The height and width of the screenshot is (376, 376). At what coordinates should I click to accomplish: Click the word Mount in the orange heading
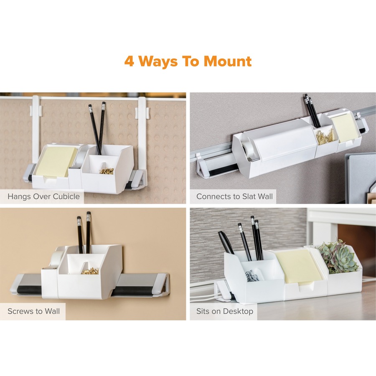pyautogui.click(x=228, y=61)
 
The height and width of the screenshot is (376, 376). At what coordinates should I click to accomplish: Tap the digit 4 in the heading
pyautogui.click(x=130, y=61)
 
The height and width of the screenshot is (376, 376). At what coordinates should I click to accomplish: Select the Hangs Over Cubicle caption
pyautogui.click(x=43, y=196)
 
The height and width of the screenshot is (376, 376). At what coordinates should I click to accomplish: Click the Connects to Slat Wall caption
pyautogui.click(x=234, y=196)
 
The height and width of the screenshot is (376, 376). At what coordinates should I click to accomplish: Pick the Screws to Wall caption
pyautogui.click(x=33, y=311)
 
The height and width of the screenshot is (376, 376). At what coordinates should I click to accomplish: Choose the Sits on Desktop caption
pyautogui.click(x=225, y=311)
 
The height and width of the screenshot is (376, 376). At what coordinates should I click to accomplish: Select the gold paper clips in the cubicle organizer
pyautogui.click(x=107, y=170)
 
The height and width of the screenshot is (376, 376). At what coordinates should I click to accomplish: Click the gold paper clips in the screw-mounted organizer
pyautogui.click(x=90, y=272)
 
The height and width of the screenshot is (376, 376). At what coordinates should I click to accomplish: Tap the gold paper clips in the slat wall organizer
pyautogui.click(x=325, y=136)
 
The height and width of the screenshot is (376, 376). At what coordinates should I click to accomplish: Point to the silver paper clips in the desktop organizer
pyautogui.click(x=252, y=275)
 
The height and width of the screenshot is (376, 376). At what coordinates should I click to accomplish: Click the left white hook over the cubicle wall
pyautogui.click(x=36, y=125)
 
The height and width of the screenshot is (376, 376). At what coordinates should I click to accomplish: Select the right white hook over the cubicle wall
pyautogui.click(x=142, y=125)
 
